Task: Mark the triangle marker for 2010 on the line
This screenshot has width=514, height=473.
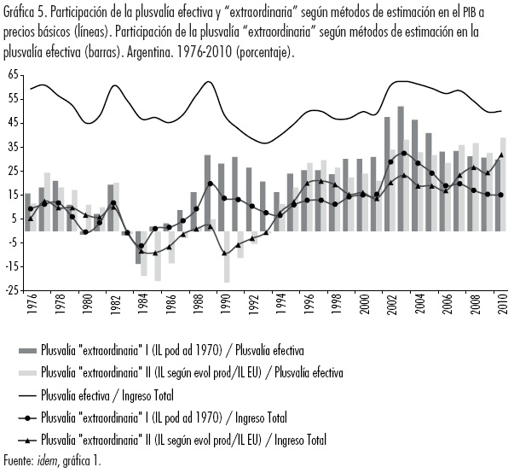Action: (x=500, y=155)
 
